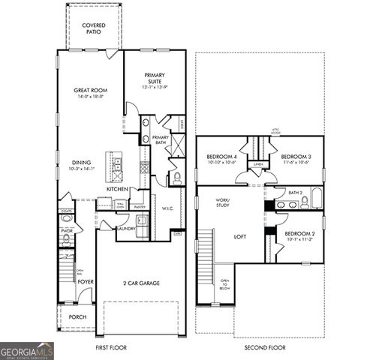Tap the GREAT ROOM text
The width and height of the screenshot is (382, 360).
coord(88,91)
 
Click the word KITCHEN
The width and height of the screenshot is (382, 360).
coord(117,189)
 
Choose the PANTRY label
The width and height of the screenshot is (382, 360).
coord(140,206)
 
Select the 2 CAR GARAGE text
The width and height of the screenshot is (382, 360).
coord(141,283)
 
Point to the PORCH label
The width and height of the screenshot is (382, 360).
coord(77,316)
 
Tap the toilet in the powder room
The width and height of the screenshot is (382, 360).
coord(66,240)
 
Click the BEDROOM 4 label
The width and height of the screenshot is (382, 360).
coord(221,157)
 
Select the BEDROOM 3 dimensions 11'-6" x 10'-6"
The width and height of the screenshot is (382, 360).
coord(296,162)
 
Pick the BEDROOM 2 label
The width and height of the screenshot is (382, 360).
coord(299,233)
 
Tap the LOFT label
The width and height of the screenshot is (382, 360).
coord(239,236)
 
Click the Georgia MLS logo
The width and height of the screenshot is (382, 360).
coord(27,350)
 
